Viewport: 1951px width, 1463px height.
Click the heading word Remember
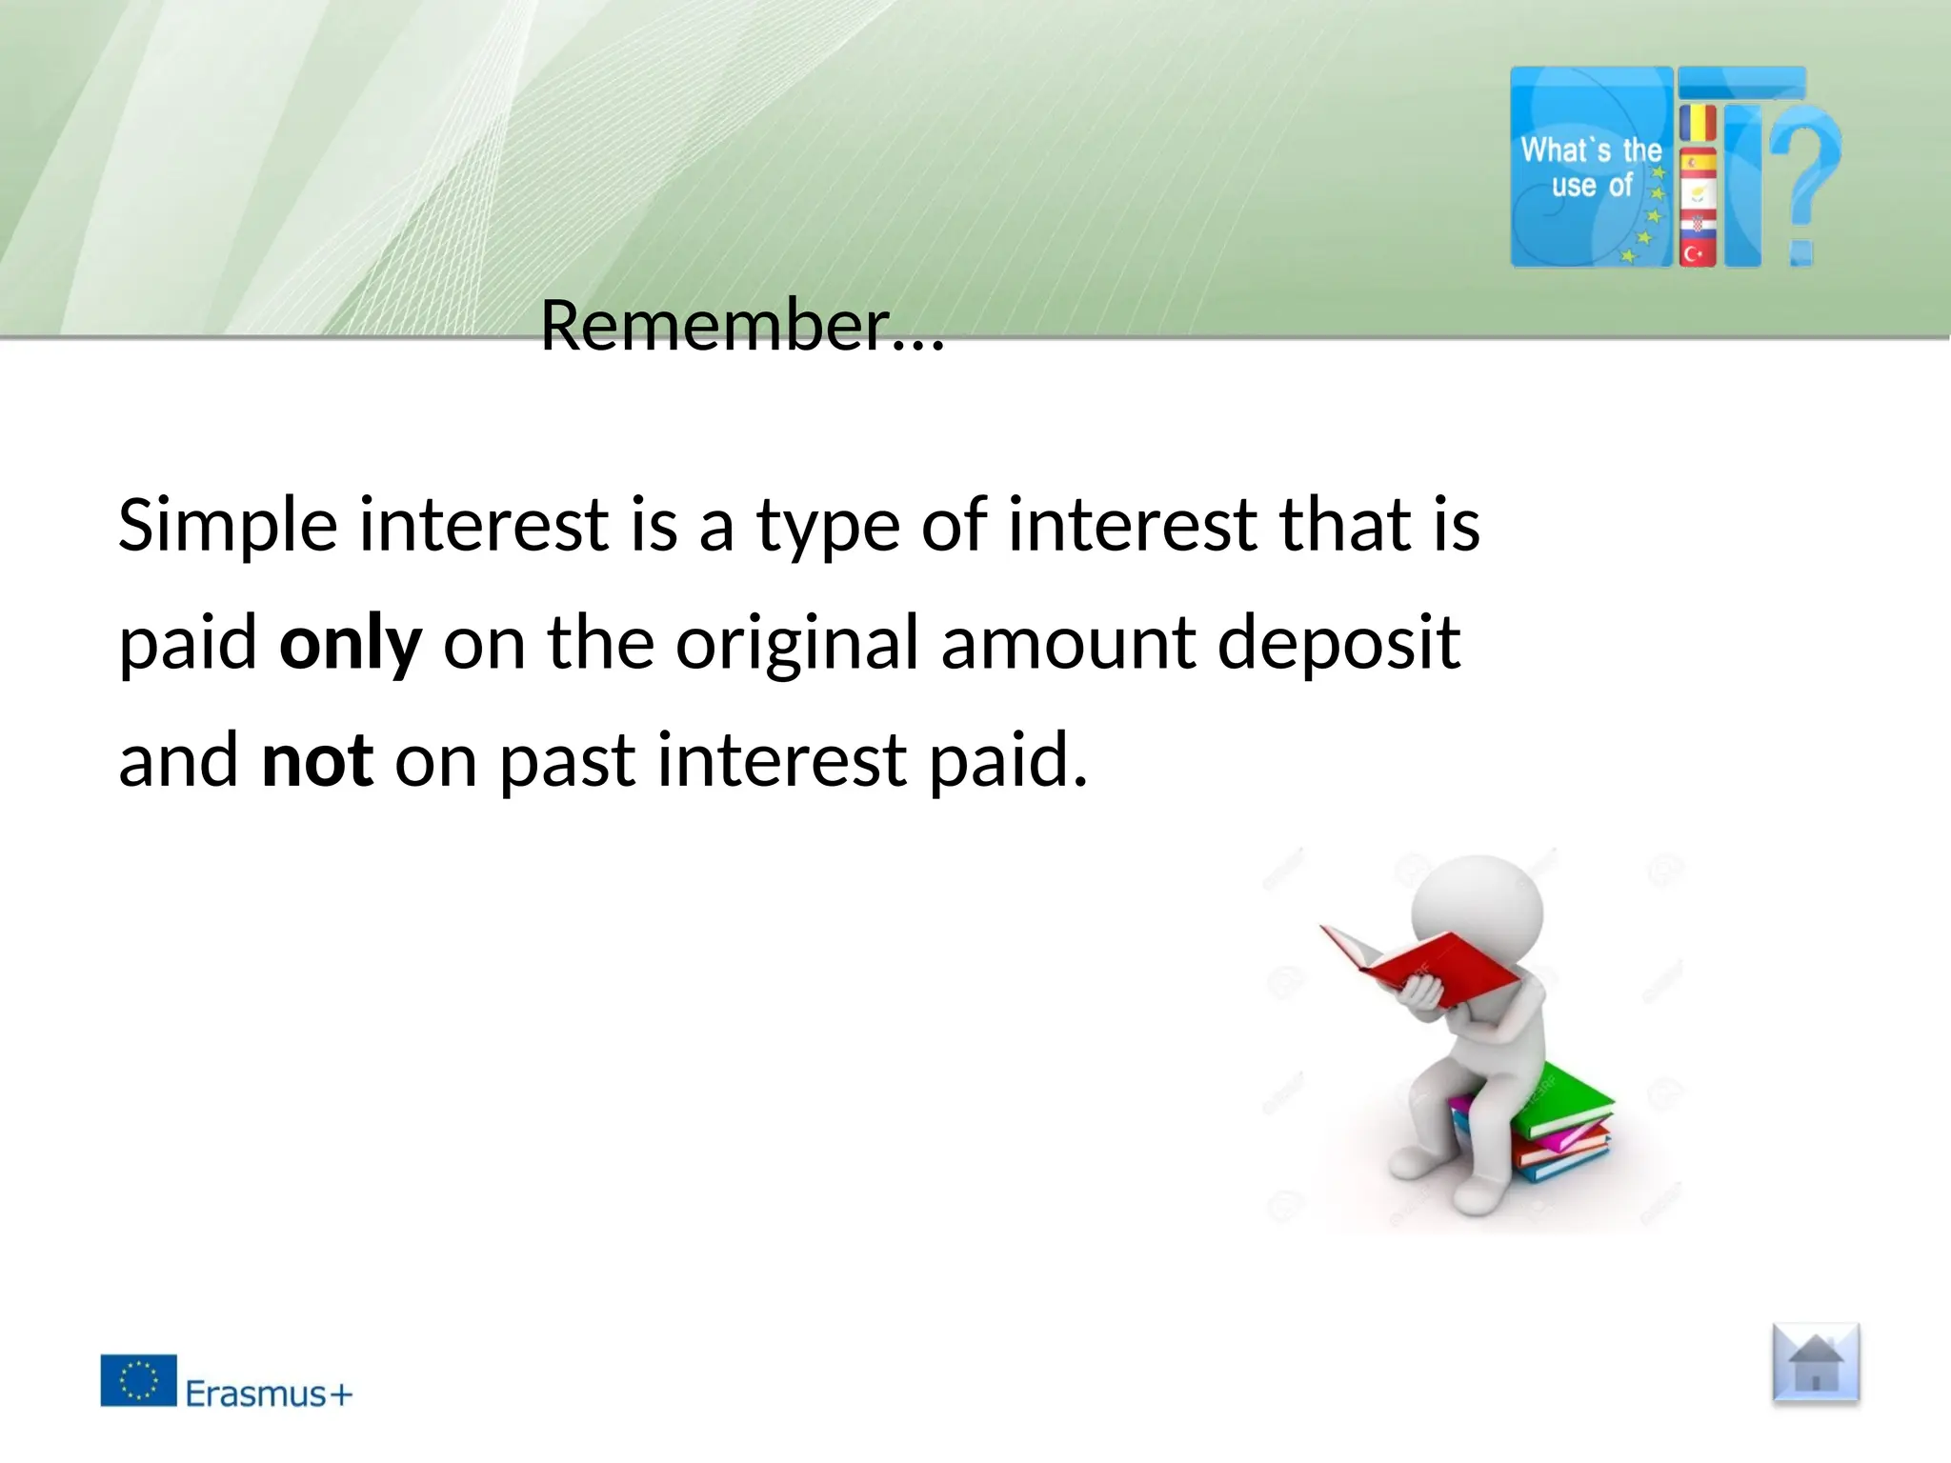click(714, 326)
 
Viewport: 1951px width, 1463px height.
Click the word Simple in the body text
click(228, 526)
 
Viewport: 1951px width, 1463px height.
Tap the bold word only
click(350, 645)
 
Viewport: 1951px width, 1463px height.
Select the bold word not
click(317, 762)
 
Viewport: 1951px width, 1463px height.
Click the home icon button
click(1816, 1364)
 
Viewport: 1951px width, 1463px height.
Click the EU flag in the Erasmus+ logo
click(139, 1380)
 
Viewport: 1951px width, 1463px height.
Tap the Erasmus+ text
click(269, 1394)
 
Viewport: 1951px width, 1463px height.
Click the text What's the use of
click(1591, 168)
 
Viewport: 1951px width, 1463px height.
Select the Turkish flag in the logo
click(1697, 253)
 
